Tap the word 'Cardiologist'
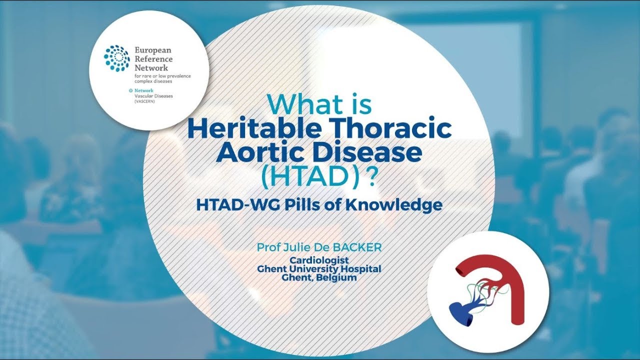(x=319, y=260)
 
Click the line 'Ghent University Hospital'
(x=319, y=269)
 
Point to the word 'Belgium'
(x=336, y=277)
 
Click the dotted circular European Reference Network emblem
(x=116, y=58)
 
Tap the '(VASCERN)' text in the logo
(x=145, y=100)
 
